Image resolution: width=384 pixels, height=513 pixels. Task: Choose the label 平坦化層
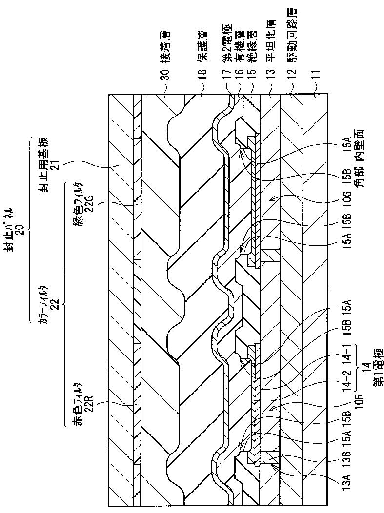[x=268, y=49]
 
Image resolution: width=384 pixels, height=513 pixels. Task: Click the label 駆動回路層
[x=291, y=44]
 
